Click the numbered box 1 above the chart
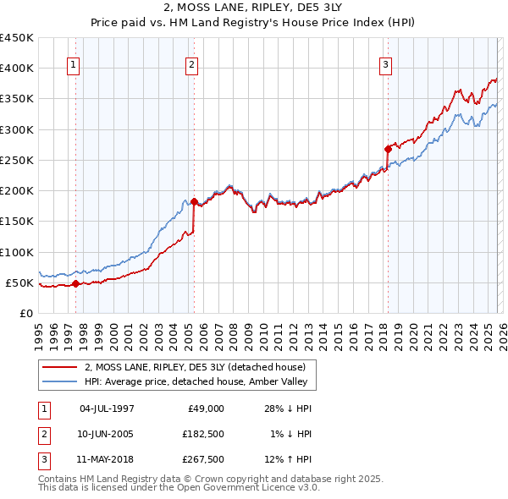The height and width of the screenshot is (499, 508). (74, 64)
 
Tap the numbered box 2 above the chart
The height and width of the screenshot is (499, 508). (192, 64)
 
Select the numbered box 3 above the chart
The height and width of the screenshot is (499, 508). (385, 64)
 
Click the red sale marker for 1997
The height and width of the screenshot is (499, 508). (75, 283)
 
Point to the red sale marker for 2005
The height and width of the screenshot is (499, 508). (194, 201)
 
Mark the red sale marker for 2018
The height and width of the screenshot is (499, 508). (388, 149)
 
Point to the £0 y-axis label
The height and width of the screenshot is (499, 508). (26, 313)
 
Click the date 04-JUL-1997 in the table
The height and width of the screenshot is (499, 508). (107, 409)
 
